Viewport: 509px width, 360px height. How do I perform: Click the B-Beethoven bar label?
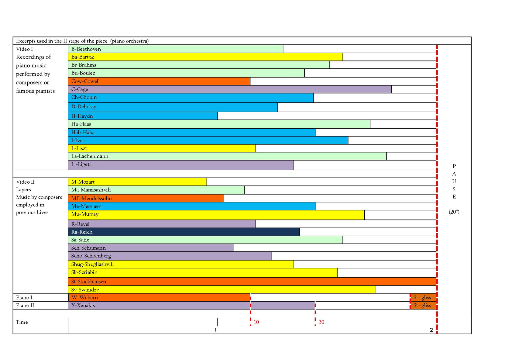86,49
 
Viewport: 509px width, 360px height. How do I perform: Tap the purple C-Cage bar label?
79,89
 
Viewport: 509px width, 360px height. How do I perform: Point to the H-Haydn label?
82,116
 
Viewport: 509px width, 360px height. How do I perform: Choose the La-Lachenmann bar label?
90,156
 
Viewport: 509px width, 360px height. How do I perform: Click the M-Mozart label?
83,182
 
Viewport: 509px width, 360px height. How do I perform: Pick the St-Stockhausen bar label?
88,282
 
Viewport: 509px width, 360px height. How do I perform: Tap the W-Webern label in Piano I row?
84,297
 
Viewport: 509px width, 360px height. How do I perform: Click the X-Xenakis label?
83,305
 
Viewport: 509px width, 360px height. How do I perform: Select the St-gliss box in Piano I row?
423,297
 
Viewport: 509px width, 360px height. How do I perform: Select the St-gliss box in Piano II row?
423,305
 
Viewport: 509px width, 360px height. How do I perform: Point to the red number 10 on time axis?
256,322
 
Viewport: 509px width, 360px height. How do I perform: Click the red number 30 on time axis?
321,322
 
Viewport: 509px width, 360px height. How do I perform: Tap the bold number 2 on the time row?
431,330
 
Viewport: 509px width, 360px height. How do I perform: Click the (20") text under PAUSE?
454,212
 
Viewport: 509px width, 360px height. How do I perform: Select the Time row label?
22,322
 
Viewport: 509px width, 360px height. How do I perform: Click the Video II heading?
25,182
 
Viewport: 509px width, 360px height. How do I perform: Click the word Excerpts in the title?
26,41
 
